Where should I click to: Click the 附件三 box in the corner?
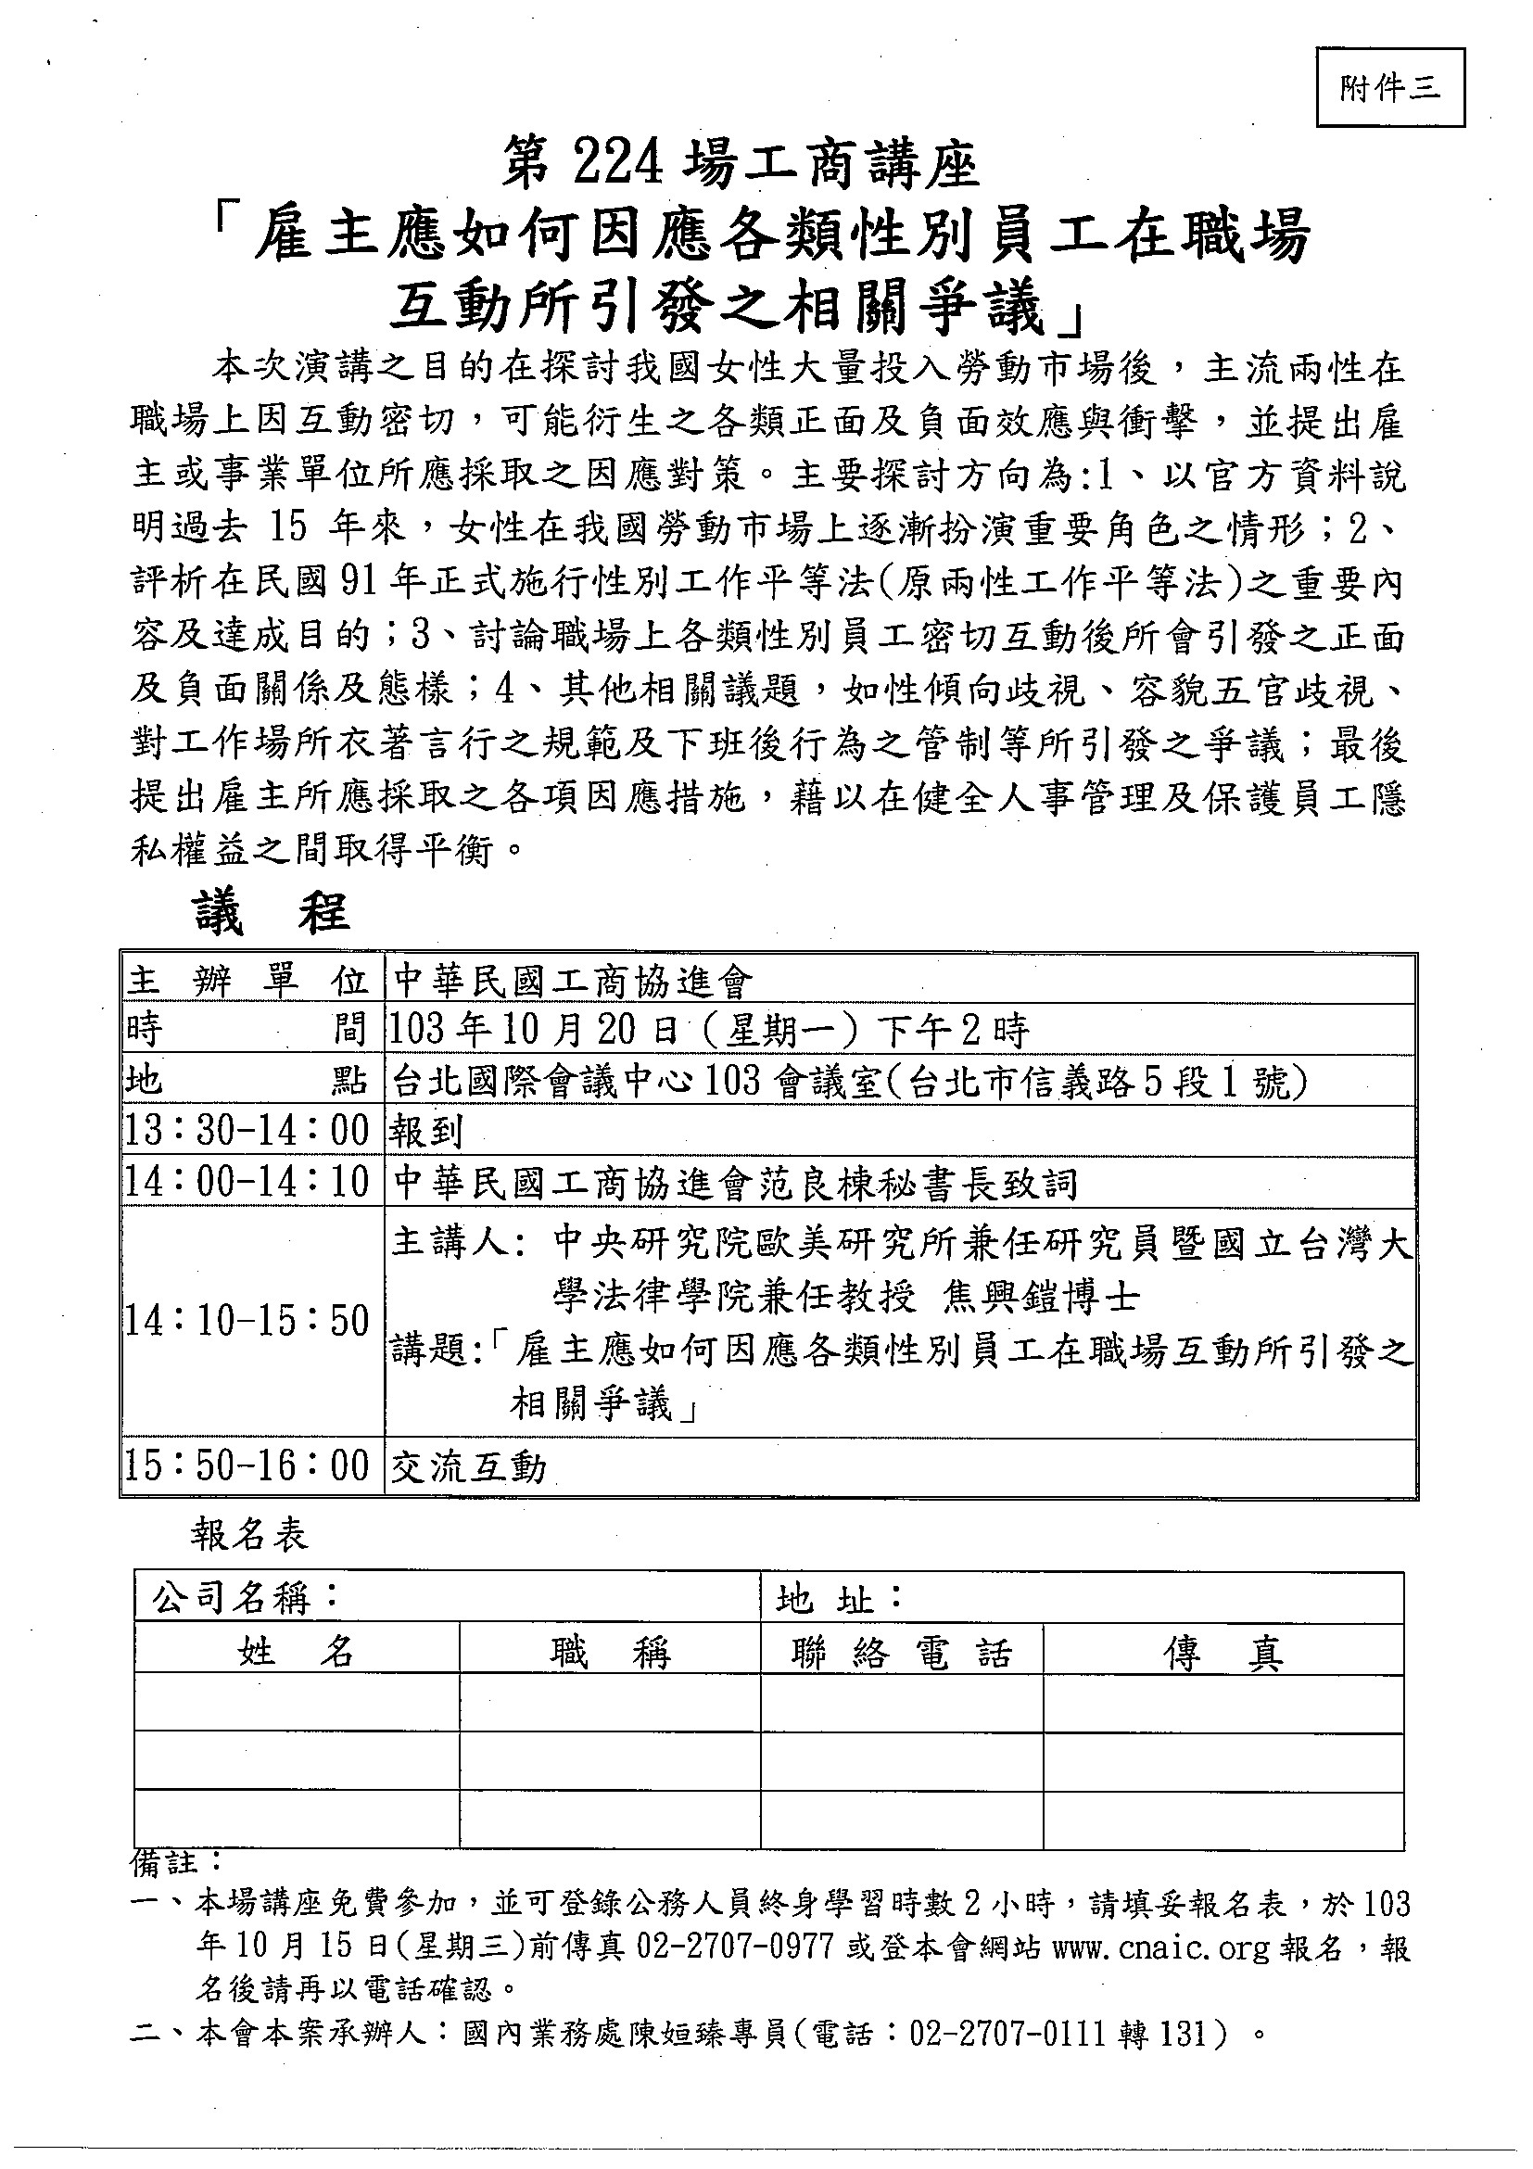pyautogui.click(x=1389, y=88)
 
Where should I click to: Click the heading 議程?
pyautogui.click(x=271, y=914)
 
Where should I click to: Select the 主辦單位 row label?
pyautogui.click(x=247, y=982)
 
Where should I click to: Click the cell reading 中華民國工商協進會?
pyautogui.click(x=574, y=983)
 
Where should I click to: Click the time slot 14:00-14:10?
pyautogui.click(x=247, y=1183)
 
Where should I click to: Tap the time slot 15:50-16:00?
pyautogui.click(x=247, y=1467)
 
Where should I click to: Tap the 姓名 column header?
pyautogui.click(x=297, y=1654)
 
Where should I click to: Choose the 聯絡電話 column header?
pyautogui.click(x=902, y=1654)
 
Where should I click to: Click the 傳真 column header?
pyautogui.click(x=1223, y=1654)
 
